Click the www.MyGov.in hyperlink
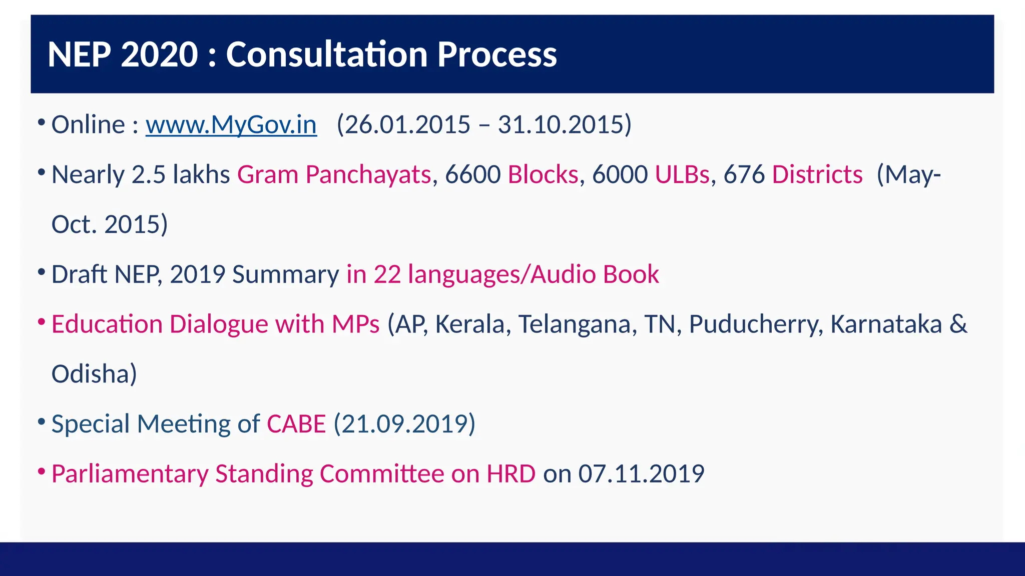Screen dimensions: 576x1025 click(231, 125)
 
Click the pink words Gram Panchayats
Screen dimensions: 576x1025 click(334, 175)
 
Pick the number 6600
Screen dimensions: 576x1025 click(472, 175)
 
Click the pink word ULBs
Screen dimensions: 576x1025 click(682, 175)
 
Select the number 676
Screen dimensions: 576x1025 click(744, 175)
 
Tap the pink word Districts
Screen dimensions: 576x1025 click(817, 175)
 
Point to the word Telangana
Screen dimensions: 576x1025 click(577, 324)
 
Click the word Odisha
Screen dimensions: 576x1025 click(91, 374)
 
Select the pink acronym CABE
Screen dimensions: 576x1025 click(296, 424)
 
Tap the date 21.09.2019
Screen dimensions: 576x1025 click(404, 424)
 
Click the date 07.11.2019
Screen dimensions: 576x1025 click(641, 474)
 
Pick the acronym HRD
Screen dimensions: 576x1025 click(510, 474)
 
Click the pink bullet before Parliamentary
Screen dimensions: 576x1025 click(42, 471)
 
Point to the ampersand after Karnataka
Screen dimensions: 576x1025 click(958, 324)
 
